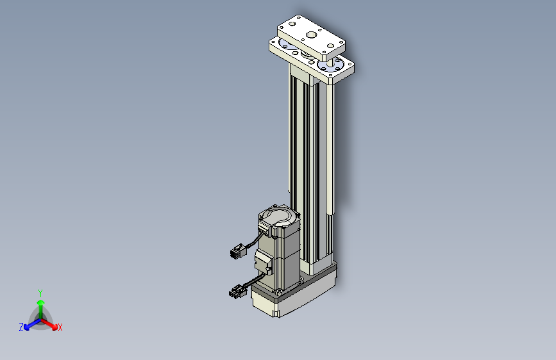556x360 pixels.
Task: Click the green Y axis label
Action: tap(40, 293)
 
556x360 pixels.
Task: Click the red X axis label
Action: tap(60, 327)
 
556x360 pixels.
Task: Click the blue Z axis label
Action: tap(21, 327)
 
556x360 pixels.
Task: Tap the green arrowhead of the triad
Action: tap(41, 302)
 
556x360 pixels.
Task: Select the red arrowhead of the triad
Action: tap(55, 327)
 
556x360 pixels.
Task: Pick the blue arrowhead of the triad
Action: tap(27, 328)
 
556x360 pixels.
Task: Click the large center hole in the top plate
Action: tap(311, 35)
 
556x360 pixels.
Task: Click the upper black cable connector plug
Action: tap(237, 251)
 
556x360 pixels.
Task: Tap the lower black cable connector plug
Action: tap(237, 291)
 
